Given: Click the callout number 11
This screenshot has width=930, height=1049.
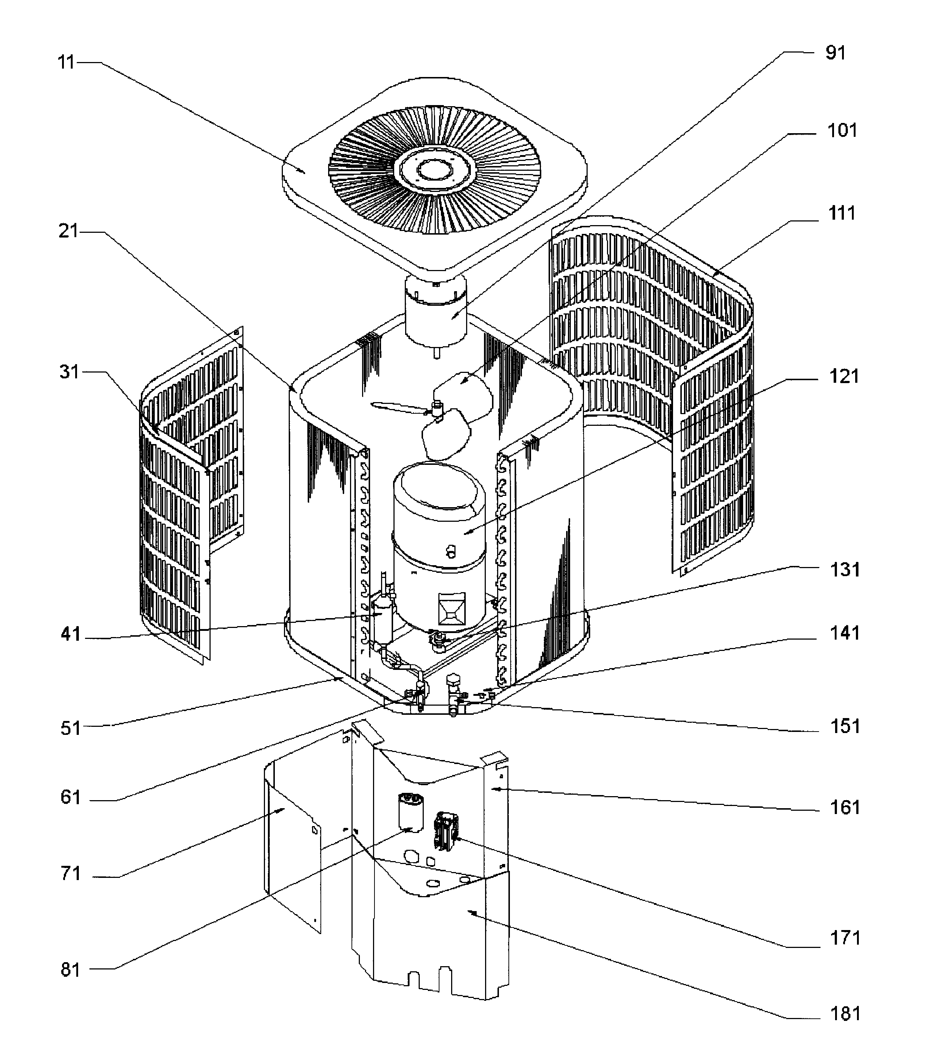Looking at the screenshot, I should click(66, 63).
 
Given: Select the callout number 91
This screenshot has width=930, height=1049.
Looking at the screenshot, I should click(835, 53).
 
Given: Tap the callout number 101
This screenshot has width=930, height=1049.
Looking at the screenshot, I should click(842, 131).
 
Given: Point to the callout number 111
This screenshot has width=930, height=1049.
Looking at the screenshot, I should click(842, 213).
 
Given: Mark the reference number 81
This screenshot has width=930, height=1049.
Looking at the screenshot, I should click(71, 970).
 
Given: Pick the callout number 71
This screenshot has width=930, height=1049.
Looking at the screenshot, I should click(71, 873).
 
